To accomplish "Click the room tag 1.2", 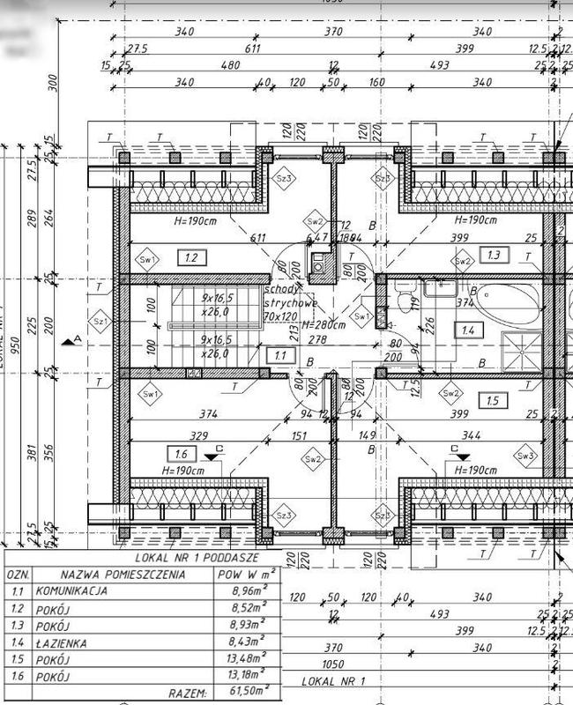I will [190, 257].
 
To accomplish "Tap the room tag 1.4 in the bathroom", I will [467, 330].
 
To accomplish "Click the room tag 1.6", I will [182, 453].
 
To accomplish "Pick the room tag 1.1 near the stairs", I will [280, 355].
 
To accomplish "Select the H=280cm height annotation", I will [325, 325].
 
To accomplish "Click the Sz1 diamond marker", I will [99, 323].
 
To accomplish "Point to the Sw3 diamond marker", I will [527, 456].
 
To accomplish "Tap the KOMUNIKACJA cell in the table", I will [71, 591].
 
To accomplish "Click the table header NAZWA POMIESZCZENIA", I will [123, 575].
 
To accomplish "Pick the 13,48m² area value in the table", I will [246, 659].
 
